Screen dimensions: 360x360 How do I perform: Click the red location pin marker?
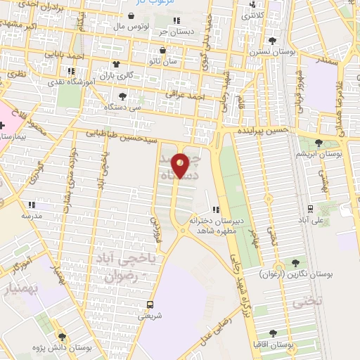click(180, 165)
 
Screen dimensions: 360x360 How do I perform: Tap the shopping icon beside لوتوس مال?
click(131, 15)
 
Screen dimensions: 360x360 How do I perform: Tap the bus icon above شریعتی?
click(150, 304)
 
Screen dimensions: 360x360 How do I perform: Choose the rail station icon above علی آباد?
click(310, 209)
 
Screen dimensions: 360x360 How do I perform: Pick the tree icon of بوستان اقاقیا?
click(273, 334)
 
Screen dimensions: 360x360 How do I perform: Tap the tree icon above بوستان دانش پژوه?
click(62, 337)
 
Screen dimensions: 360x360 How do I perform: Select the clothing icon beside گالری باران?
click(116, 64)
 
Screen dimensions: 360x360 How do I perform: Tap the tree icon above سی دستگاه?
click(122, 96)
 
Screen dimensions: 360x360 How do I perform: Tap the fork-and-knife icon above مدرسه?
click(31, 205)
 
